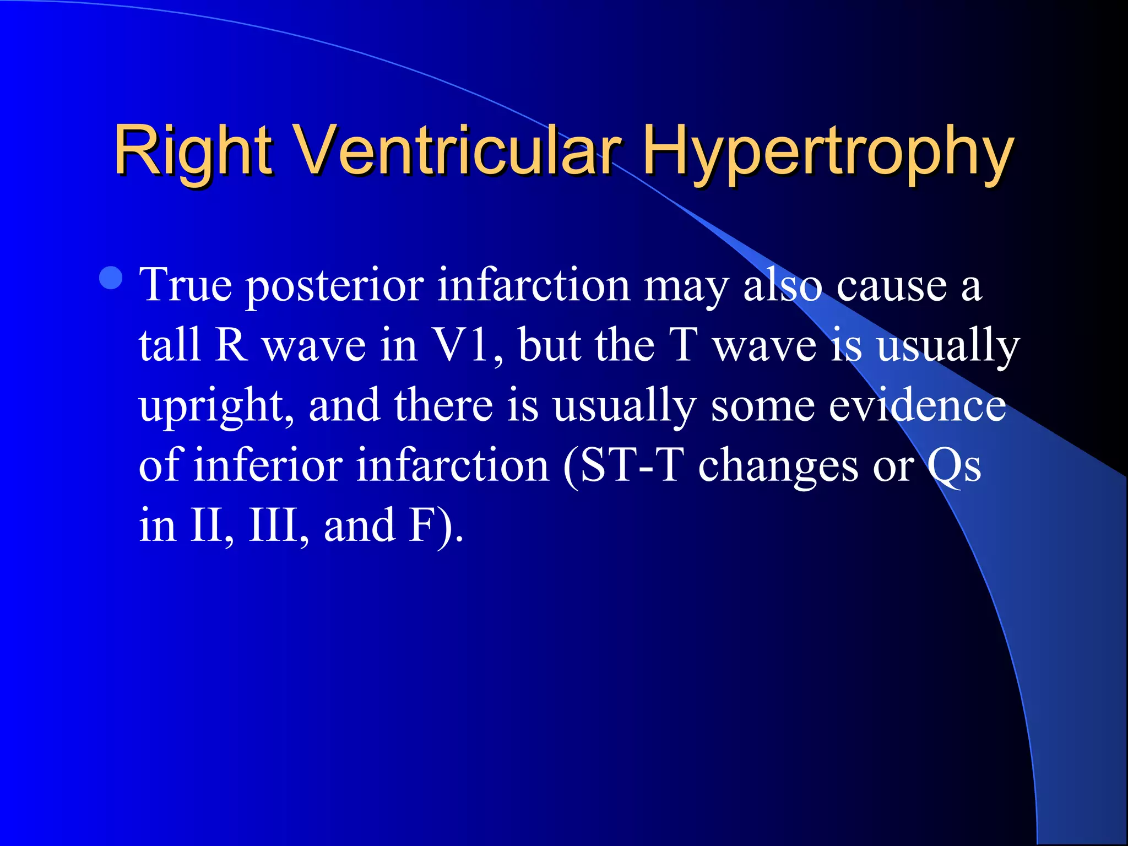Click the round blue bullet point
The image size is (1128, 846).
(x=111, y=278)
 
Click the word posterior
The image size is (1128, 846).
(x=335, y=286)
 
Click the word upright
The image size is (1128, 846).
(x=216, y=406)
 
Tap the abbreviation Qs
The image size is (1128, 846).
(x=953, y=465)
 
